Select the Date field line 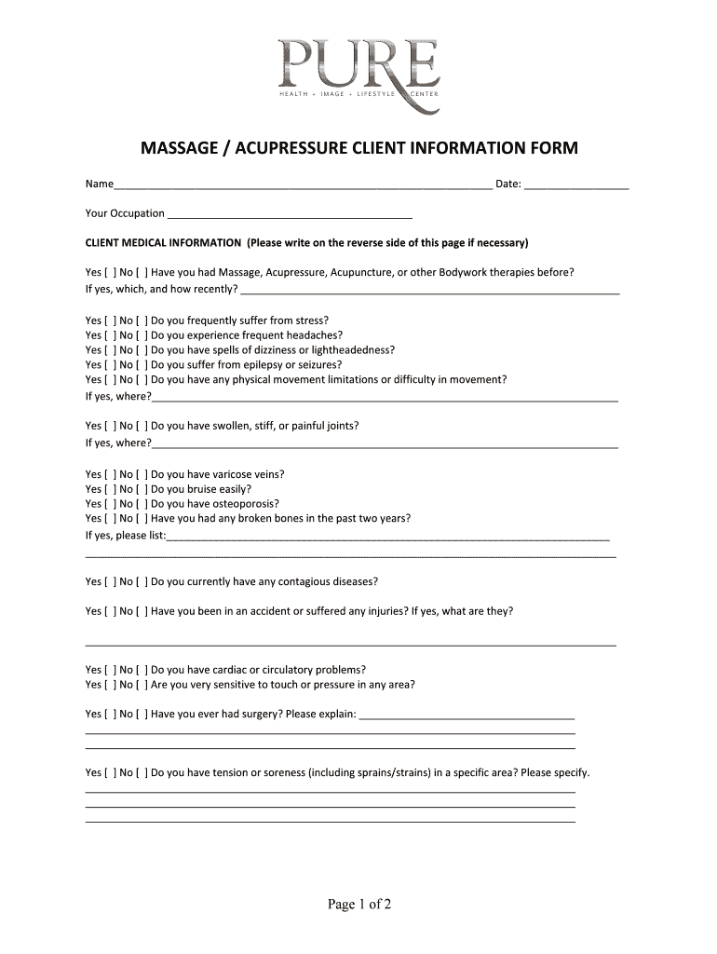576,184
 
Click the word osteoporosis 243,504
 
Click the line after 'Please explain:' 467,715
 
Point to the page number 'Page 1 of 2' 358,905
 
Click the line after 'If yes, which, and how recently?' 429,291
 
